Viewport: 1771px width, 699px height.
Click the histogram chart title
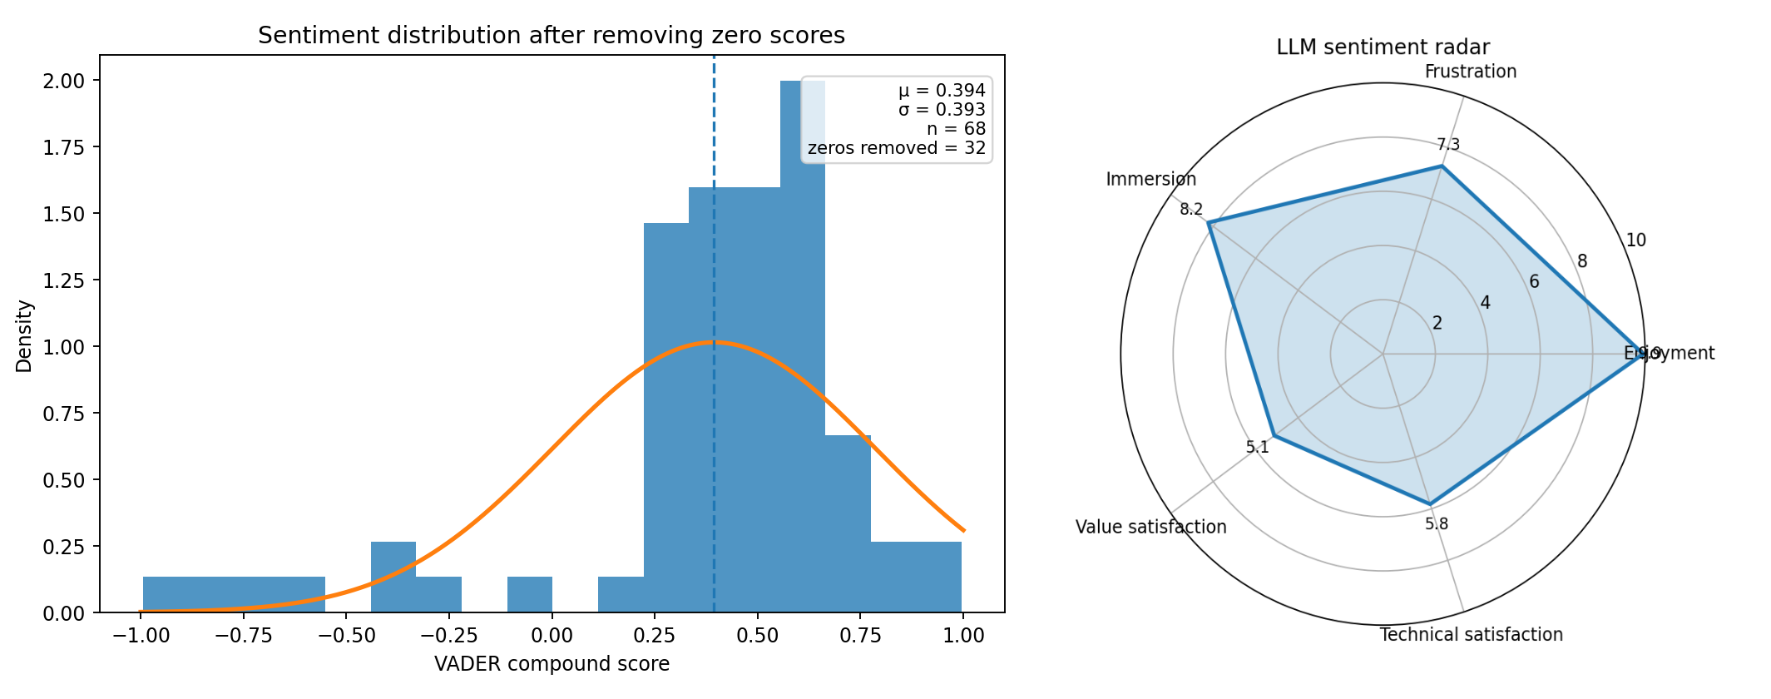pos(551,36)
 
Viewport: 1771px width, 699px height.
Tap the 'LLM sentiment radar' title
pos(1383,47)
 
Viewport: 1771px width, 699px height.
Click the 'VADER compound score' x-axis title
pos(552,664)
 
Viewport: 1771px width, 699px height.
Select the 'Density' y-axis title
pos(25,336)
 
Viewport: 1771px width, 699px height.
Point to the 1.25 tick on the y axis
pos(64,280)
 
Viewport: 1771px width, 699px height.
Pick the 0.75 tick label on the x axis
pos(859,636)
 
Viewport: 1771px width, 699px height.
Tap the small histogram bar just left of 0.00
pos(530,594)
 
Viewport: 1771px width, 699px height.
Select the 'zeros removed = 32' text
pos(896,148)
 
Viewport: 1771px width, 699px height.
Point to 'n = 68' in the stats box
pos(956,129)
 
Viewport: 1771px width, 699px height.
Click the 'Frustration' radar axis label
pos(1470,72)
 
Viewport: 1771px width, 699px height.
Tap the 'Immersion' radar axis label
pos(1150,179)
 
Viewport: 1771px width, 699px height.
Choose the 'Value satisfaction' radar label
pos(1150,527)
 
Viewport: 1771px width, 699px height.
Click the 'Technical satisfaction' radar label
pos(1471,635)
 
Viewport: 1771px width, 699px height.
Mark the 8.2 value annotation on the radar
pos(1191,209)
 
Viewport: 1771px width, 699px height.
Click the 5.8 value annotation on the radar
pos(1436,523)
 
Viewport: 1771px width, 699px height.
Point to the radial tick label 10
pos(1635,240)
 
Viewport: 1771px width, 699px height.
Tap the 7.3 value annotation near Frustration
pos(1448,145)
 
